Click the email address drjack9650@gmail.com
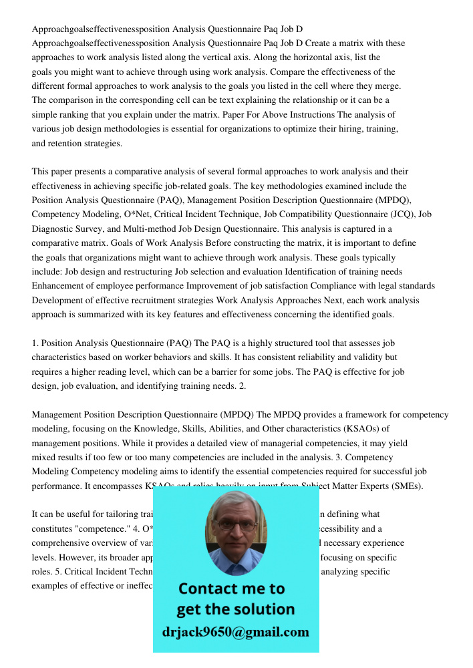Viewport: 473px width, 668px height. (235, 632)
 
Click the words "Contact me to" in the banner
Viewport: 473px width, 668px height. (231, 589)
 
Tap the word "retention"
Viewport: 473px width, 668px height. (58, 143)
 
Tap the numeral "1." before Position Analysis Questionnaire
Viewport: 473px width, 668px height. (36, 343)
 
